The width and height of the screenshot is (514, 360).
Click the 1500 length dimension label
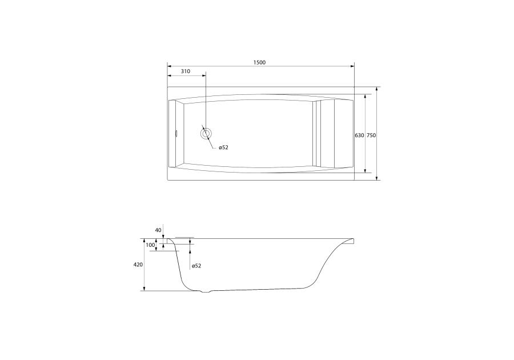(x=259, y=62)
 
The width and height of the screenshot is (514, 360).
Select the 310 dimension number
(x=186, y=71)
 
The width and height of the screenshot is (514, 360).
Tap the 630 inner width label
(x=359, y=135)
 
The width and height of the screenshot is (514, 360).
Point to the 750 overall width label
(x=371, y=135)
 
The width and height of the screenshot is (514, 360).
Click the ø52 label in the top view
(x=223, y=147)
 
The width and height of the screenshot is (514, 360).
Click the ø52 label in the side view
(x=196, y=266)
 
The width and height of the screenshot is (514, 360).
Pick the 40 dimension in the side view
(x=158, y=230)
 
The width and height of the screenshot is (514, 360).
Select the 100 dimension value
(x=150, y=245)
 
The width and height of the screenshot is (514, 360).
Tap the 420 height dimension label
(x=138, y=265)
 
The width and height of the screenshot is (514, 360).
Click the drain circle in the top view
(x=206, y=134)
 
